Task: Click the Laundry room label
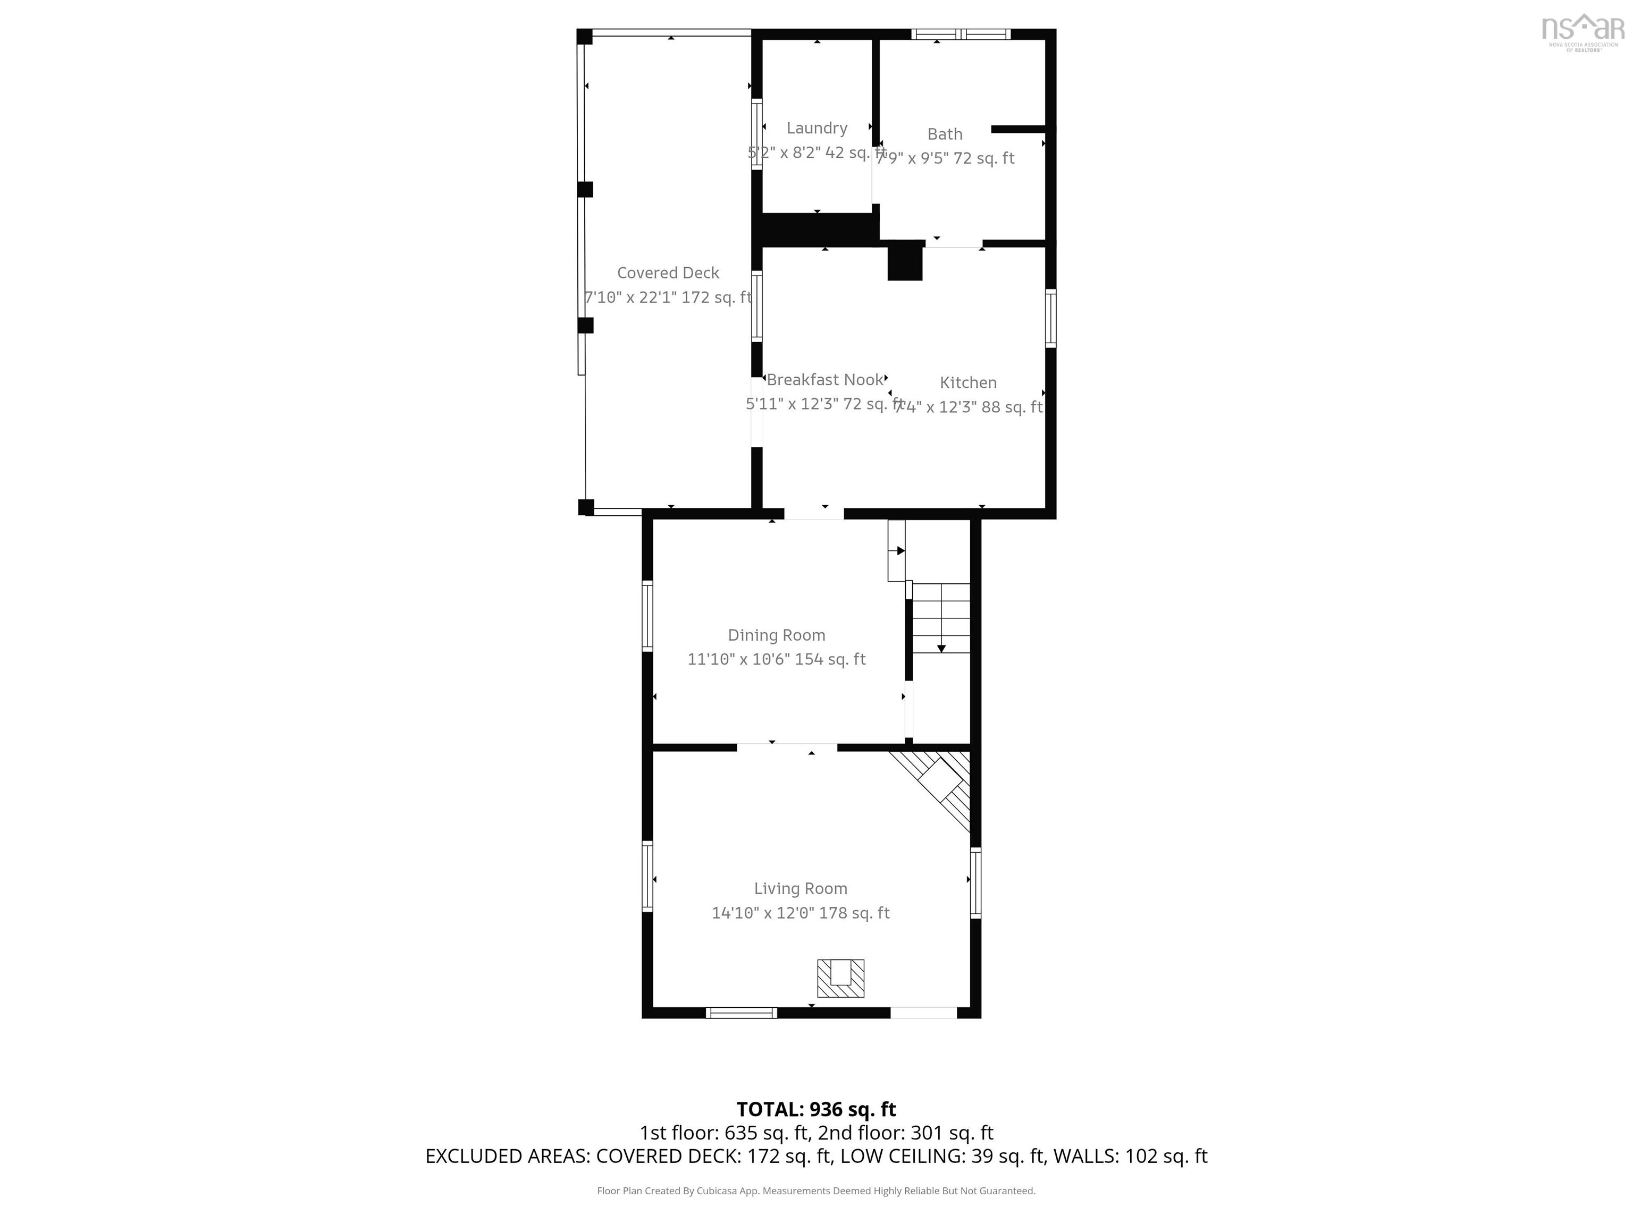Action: tap(816, 129)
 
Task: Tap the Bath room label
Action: tap(944, 134)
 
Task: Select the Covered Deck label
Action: tap(667, 273)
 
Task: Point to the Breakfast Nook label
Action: tap(824, 380)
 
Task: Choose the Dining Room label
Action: tap(776, 635)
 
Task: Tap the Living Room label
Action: tap(800, 889)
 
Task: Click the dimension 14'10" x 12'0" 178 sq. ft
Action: tap(800, 913)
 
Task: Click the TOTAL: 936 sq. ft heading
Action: tap(816, 1110)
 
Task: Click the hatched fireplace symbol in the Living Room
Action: tap(840, 979)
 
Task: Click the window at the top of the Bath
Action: tap(961, 34)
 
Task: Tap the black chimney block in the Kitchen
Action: tap(904, 262)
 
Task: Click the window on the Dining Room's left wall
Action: tap(647, 615)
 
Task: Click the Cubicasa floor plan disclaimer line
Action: tap(816, 1191)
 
